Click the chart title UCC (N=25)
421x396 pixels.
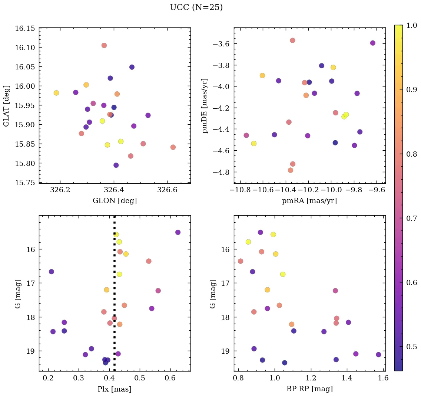[196, 7]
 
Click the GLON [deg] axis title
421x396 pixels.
[115, 201]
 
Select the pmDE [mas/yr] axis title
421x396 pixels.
[205, 105]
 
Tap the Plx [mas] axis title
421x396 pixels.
[115, 389]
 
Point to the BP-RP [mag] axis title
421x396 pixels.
[309, 389]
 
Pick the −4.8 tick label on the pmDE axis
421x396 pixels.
[221, 172]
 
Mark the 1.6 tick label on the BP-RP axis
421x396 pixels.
[383, 378]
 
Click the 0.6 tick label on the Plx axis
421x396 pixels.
[170, 378]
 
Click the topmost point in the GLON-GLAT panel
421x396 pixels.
[104, 45]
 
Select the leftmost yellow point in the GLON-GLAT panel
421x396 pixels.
[56, 93]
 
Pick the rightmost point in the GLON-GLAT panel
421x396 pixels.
[173, 147]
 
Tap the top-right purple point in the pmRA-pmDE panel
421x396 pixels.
[373, 43]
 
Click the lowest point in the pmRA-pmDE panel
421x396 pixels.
[291, 170]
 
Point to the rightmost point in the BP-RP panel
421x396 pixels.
[378, 355]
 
